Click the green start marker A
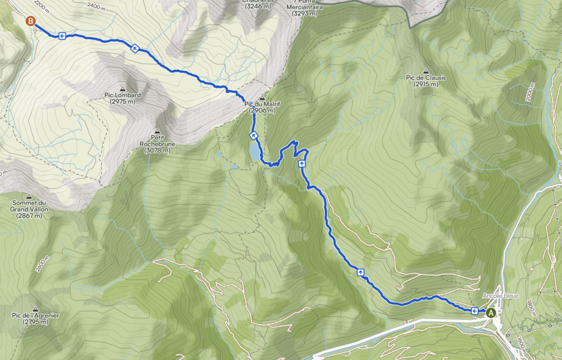click(x=491, y=312)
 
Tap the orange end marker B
click(x=31, y=21)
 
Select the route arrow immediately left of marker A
click(x=475, y=311)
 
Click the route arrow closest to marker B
click(x=61, y=36)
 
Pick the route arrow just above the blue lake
click(x=254, y=135)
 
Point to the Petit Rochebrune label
click(x=158, y=141)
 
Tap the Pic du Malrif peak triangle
click(x=262, y=97)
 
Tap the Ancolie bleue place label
click(x=501, y=296)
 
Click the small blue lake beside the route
click(x=254, y=151)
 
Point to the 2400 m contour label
click(x=97, y=7)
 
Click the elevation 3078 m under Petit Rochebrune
click(x=158, y=150)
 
